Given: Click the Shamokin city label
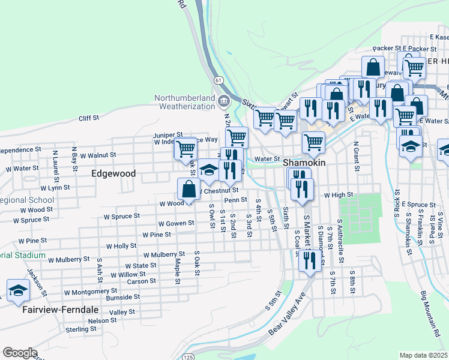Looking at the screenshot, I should click(x=304, y=163).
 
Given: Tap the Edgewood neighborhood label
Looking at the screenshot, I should click(x=113, y=173).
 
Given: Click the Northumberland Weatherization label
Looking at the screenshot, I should click(x=184, y=102).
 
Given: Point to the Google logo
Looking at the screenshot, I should click(x=19, y=353).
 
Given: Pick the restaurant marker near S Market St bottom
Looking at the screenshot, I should click(x=309, y=261).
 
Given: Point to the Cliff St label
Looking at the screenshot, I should click(x=89, y=118).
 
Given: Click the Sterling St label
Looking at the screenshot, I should click(x=77, y=329).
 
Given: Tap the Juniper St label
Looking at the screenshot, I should click(x=168, y=135).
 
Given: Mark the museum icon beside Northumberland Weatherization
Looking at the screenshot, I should click(x=224, y=100).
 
